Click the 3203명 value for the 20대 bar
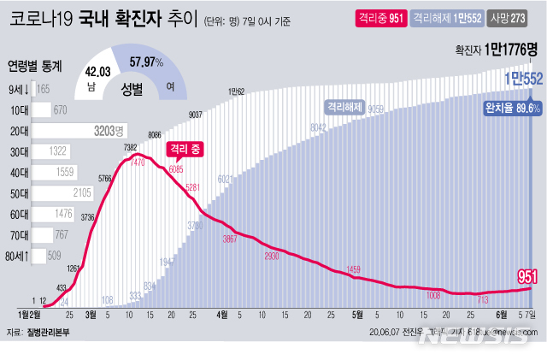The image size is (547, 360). point(108,131)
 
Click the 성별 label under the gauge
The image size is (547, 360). point(132,86)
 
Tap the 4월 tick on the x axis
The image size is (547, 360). point(223,314)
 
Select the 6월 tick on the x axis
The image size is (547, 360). point(498,314)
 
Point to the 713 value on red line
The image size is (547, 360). point(483,300)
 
